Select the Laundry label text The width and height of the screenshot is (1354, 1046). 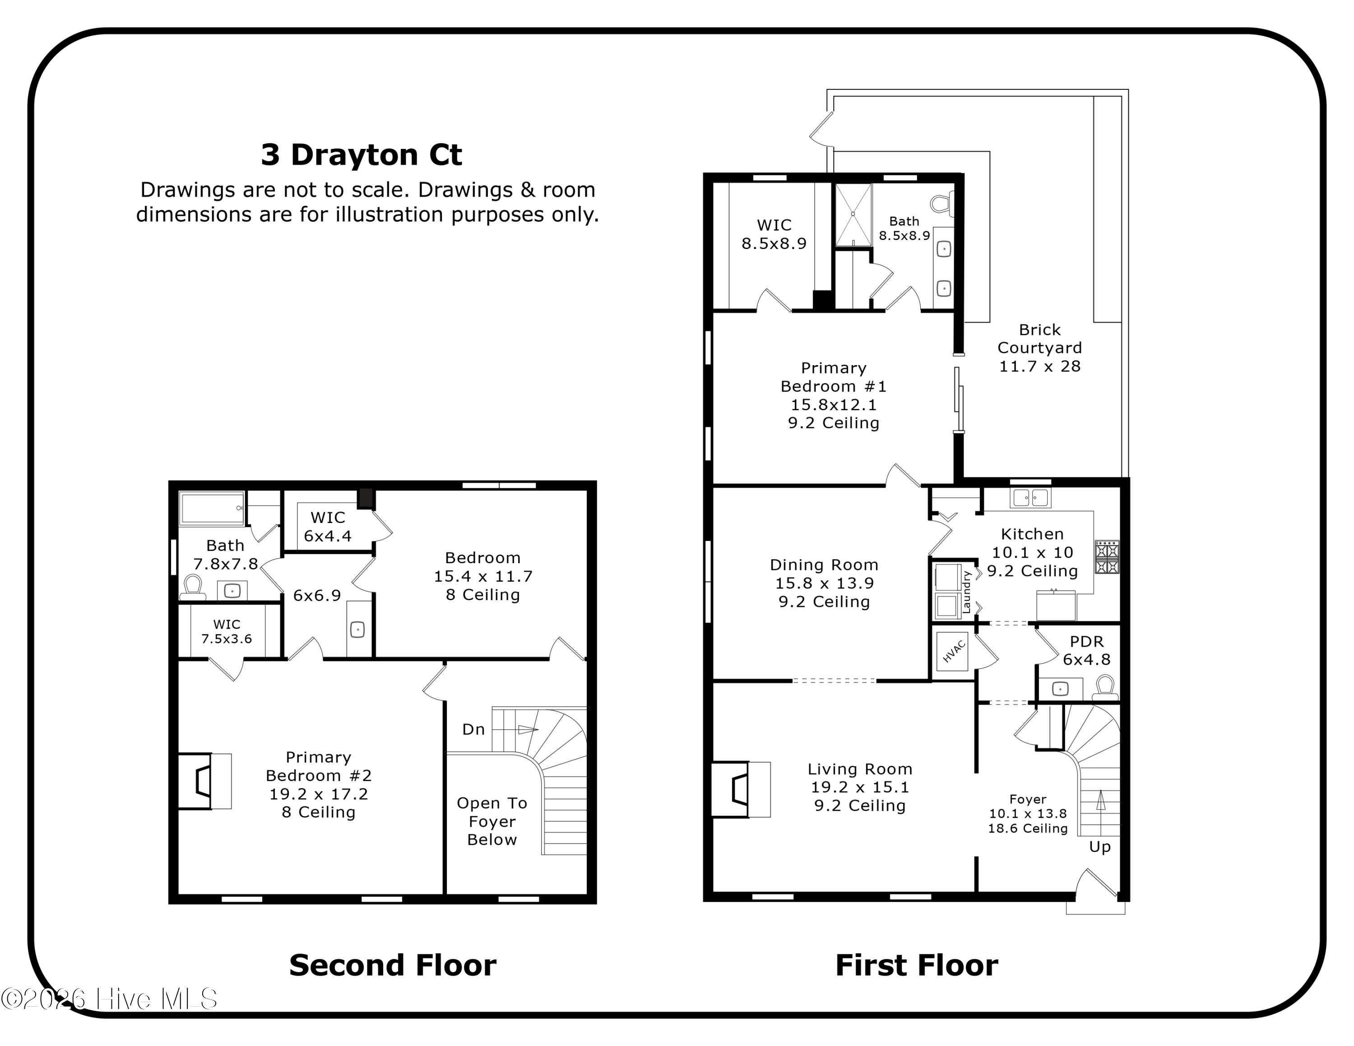pyautogui.click(x=966, y=592)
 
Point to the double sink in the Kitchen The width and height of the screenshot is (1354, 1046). pyautogui.click(x=1030, y=497)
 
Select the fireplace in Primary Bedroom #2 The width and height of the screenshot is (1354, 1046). pyautogui.click(x=204, y=781)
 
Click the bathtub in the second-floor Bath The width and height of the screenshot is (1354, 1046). pyautogui.click(x=211, y=508)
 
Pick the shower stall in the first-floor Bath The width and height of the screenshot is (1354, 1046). pyautogui.click(x=853, y=214)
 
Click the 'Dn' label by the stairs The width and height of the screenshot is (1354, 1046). pyautogui.click(x=473, y=729)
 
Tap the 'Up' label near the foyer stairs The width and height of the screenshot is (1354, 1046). pyautogui.click(x=1100, y=847)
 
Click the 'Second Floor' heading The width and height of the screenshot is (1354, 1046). pyautogui.click(x=393, y=965)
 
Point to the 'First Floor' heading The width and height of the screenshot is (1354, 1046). pyautogui.click(x=916, y=965)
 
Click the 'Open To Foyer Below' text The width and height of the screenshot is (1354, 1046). pyautogui.click(x=492, y=821)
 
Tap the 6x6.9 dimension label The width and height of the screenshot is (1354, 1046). pyautogui.click(x=317, y=596)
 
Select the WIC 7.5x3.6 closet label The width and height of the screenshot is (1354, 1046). pyautogui.click(x=226, y=631)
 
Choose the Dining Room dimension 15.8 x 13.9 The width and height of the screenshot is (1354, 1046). pyautogui.click(x=824, y=583)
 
